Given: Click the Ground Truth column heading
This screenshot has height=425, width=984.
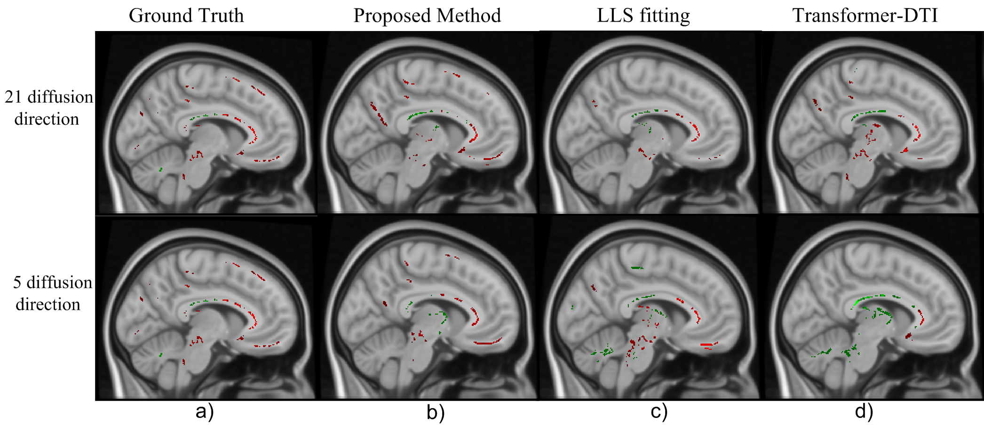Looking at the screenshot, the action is click(186, 16).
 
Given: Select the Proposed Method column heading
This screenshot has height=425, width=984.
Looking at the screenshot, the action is click(427, 16).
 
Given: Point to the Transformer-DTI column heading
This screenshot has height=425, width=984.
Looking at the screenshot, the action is click(865, 16).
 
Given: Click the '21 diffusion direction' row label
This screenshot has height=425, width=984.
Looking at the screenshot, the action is click(48, 108).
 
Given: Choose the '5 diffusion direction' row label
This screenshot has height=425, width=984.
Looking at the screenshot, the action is click(52, 293).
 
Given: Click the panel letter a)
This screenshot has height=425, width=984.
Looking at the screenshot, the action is click(205, 411).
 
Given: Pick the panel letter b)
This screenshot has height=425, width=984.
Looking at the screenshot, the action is click(436, 412).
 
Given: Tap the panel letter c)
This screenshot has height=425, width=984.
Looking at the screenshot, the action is click(659, 412).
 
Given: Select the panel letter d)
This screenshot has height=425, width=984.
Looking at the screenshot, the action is click(864, 411).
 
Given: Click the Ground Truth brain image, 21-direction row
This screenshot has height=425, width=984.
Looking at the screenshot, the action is click(206, 123).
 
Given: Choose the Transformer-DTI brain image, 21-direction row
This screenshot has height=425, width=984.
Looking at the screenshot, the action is click(873, 123).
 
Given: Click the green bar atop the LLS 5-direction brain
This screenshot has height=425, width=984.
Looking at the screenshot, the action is click(637, 268).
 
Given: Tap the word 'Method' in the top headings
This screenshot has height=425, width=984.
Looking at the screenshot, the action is click(468, 16).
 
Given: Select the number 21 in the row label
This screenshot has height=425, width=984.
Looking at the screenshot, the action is click(14, 97).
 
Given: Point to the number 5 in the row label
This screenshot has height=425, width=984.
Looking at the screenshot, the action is click(17, 283).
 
